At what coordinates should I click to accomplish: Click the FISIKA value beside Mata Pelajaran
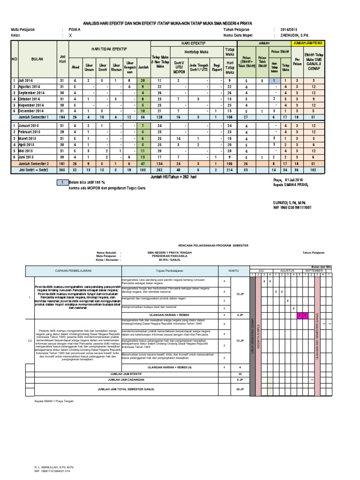pos(74,29)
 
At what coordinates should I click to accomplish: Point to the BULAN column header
pos(37,60)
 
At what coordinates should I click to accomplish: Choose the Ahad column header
pos(75,67)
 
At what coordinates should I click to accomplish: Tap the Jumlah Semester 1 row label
pos(34,117)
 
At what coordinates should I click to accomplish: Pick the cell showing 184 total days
pos(61,117)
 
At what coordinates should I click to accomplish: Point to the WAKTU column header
pos(233,270)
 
